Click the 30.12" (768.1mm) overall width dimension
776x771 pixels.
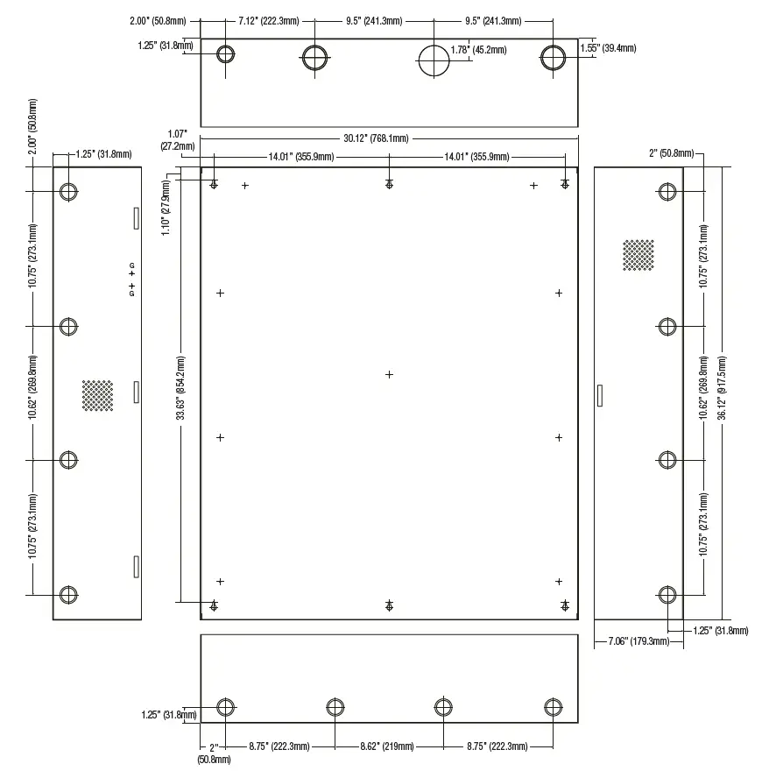[x=375, y=138]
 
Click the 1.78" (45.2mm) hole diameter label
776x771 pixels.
[x=477, y=50]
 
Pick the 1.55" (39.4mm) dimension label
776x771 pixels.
[x=608, y=50]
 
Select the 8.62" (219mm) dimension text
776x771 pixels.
[x=388, y=746]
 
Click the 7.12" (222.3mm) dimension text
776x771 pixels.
[x=270, y=21]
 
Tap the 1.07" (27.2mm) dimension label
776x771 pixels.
[x=177, y=141]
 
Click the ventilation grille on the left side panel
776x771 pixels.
[x=98, y=394]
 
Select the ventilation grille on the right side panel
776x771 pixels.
[x=638, y=255]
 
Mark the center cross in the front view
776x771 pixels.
[x=390, y=375]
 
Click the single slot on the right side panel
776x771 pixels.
[x=599, y=396]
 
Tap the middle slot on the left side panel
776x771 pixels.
[x=136, y=392]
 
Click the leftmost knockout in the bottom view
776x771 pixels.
[x=226, y=708]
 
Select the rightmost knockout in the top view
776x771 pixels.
[x=552, y=57]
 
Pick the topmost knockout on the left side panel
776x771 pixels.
[x=68, y=192]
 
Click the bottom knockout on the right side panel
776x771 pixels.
[x=667, y=596]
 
